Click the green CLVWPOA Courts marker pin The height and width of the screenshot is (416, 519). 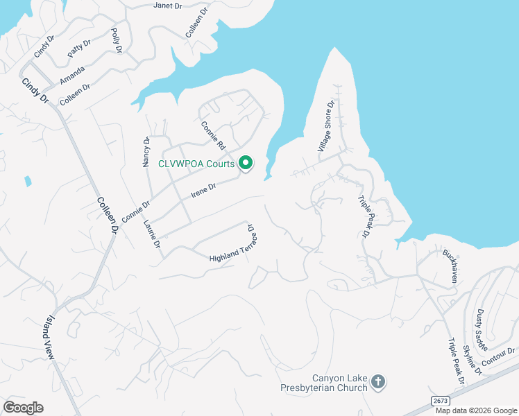tap(245, 164)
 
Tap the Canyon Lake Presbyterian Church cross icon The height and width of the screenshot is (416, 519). tap(378, 381)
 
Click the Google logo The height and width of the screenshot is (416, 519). tap(23, 408)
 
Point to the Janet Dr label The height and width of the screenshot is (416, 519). tap(167, 6)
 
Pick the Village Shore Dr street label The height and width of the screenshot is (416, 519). tap(326, 126)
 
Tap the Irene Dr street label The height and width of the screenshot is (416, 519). tap(204, 189)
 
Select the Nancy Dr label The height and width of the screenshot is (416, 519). tap(146, 151)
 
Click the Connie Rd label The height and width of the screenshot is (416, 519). tap(214, 137)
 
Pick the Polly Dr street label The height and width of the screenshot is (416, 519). tap(117, 41)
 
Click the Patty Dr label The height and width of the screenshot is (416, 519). tap(79, 49)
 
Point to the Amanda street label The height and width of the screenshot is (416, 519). tap(72, 74)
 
